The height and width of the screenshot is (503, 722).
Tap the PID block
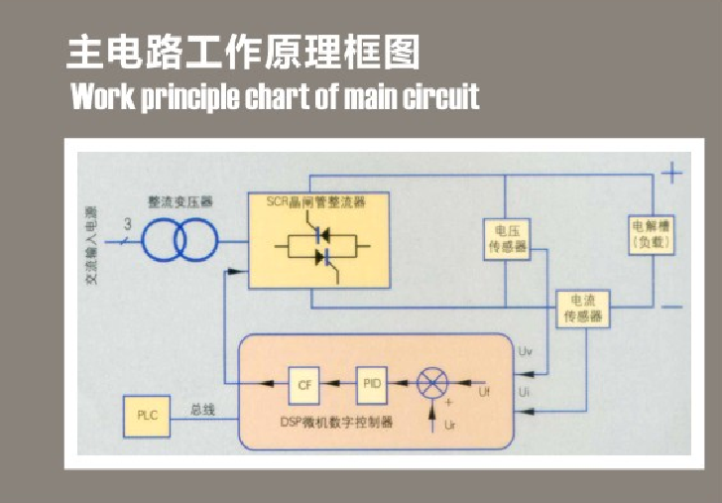tap(371, 383)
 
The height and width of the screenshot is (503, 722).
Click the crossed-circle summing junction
tap(431, 383)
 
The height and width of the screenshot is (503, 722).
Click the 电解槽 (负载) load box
tap(651, 233)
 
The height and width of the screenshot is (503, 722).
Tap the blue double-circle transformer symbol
tap(179, 239)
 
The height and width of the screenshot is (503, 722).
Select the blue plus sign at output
tap(672, 175)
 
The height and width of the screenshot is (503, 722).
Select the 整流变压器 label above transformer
tap(180, 201)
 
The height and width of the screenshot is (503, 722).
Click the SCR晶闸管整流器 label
tap(316, 202)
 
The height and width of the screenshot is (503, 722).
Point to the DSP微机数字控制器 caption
tap(350, 422)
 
